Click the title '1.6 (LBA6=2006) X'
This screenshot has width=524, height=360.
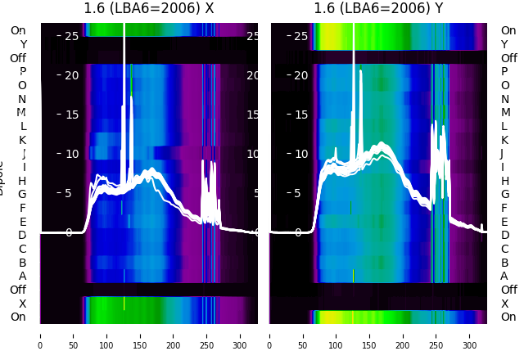(149, 9)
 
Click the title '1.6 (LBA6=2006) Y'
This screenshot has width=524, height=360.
(379, 9)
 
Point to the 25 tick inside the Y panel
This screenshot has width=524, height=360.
(300, 36)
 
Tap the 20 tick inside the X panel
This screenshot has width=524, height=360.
(71, 75)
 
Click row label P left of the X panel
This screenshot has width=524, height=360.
(22, 72)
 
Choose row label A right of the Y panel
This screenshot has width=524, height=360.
(504, 276)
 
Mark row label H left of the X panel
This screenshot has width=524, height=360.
(22, 181)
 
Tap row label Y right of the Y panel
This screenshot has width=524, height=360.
(504, 44)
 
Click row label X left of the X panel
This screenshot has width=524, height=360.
(22, 304)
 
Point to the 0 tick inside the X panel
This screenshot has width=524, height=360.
(69, 232)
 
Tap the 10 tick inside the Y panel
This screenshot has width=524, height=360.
(300, 154)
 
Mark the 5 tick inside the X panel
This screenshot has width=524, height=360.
(69, 193)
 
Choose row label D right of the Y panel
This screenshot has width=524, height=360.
(504, 236)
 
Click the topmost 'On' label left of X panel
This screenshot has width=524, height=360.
(18, 30)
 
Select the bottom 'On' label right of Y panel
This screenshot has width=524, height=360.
(508, 317)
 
